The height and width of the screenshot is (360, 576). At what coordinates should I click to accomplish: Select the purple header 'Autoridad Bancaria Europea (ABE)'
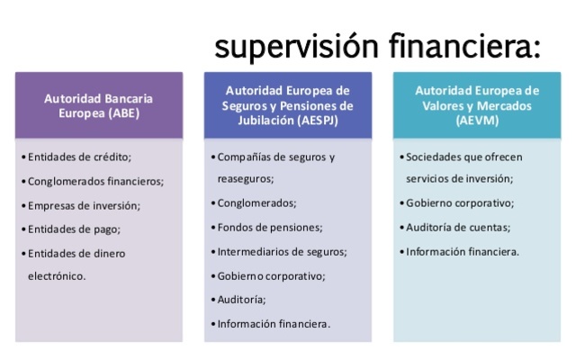(99, 104)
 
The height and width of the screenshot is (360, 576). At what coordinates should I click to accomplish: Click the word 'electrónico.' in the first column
(58, 276)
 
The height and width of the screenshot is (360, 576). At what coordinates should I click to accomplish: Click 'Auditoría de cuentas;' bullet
(458, 227)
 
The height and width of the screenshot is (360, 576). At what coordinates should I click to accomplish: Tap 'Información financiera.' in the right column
(463, 251)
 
